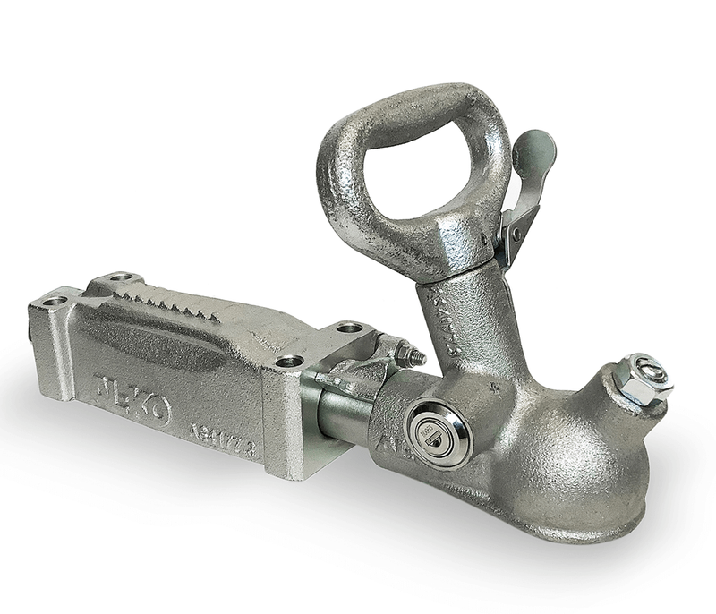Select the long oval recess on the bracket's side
click(179, 336)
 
